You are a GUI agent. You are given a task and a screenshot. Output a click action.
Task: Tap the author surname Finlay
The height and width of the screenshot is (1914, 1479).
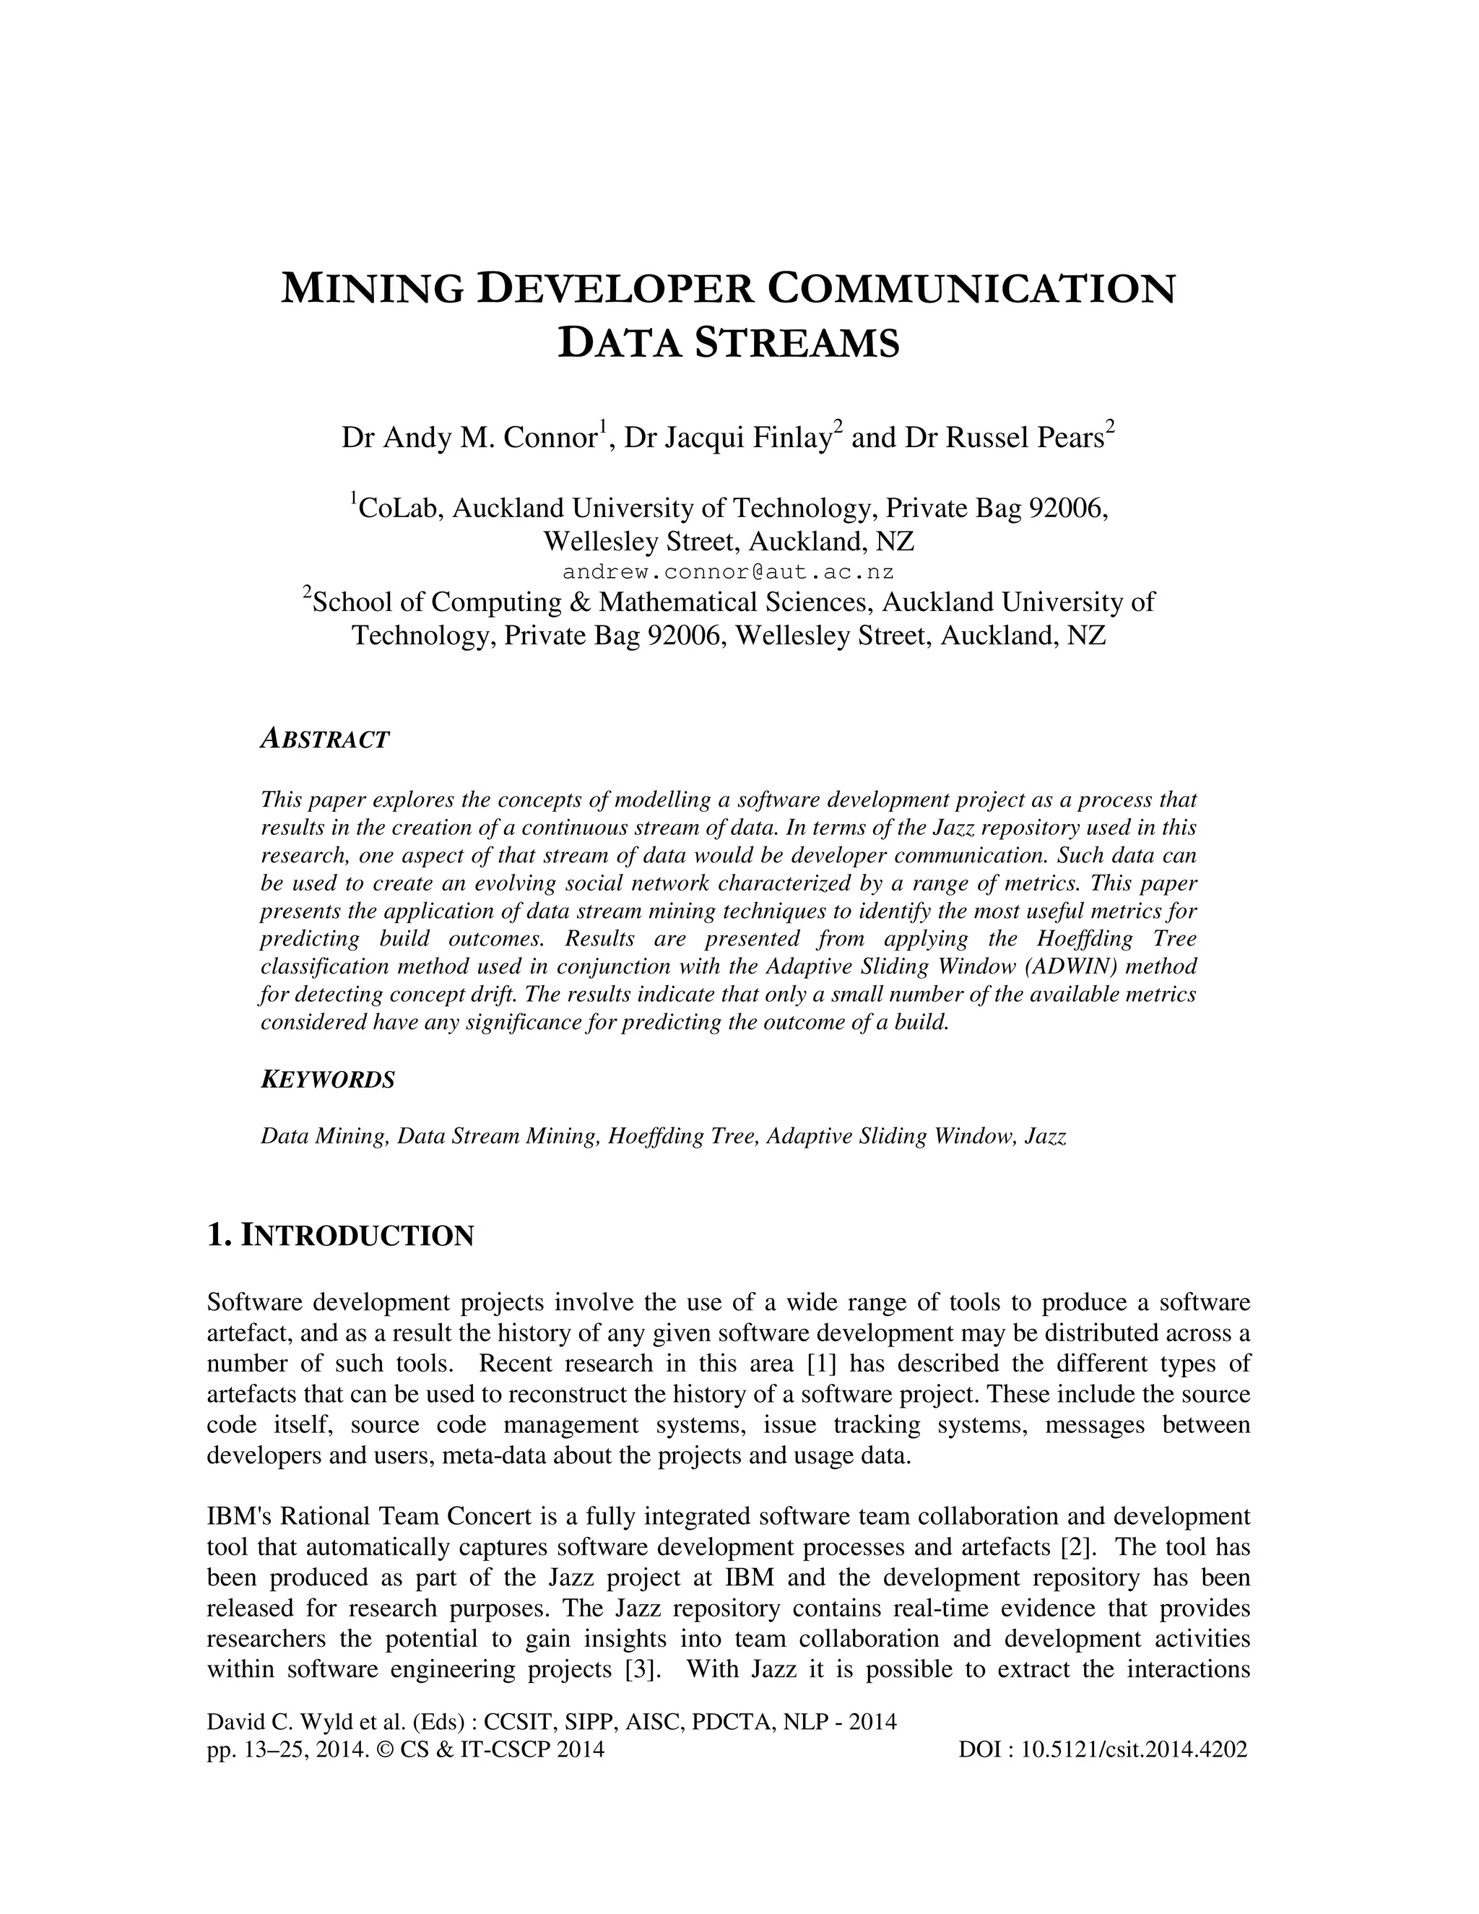pos(791,437)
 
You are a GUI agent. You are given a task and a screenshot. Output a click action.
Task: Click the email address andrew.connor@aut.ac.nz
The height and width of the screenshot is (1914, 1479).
pos(728,572)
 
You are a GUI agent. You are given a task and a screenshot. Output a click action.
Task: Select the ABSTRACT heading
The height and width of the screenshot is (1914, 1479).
pos(324,740)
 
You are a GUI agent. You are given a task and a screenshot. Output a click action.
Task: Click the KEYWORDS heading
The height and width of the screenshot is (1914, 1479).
pos(328,1080)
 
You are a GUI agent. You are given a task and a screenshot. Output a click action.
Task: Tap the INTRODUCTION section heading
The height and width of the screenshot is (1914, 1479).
pos(356,1236)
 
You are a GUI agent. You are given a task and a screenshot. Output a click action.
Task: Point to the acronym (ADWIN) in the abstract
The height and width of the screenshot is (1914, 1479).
pos(1081,966)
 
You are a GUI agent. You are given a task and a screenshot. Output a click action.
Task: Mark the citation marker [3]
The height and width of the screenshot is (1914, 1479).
pos(641,1668)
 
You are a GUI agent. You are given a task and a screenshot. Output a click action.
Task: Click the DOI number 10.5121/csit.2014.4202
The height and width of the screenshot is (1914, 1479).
pos(1134,1750)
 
